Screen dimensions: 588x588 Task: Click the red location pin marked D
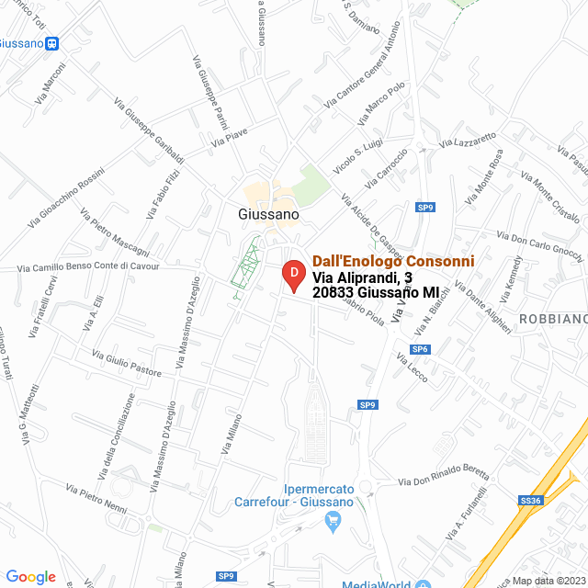[x=292, y=275]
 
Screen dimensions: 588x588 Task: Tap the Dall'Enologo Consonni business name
[x=393, y=261]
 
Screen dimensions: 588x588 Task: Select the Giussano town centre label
[x=268, y=213]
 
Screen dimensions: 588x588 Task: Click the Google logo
[x=30, y=576]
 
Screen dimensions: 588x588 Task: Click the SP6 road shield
[x=421, y=349]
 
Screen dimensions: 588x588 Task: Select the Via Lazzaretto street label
[x=468, y=140]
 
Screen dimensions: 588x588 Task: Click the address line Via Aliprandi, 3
[x=367, y=277]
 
